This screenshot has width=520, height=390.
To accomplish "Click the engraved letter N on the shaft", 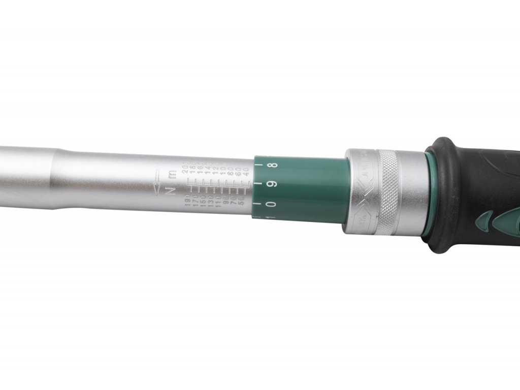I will click(x=171, y=190).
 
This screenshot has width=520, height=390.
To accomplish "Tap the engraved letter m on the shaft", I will click(x=172, y=175).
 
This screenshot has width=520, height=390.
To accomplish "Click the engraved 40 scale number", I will click(x=247, y=172).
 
